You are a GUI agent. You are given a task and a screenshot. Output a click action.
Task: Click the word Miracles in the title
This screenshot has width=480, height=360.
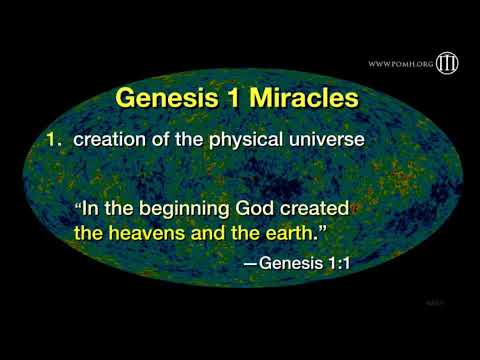(x=304, y=99)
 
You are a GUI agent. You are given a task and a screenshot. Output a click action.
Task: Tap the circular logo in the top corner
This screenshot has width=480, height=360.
(x=446, y=63)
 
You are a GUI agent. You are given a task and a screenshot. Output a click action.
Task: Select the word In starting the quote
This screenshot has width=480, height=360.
(x=91, y=211)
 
